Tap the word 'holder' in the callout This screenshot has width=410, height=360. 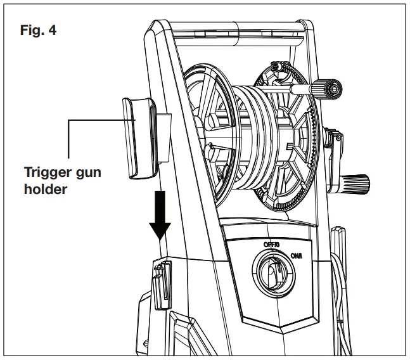44,190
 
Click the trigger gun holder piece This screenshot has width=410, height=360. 139,137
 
